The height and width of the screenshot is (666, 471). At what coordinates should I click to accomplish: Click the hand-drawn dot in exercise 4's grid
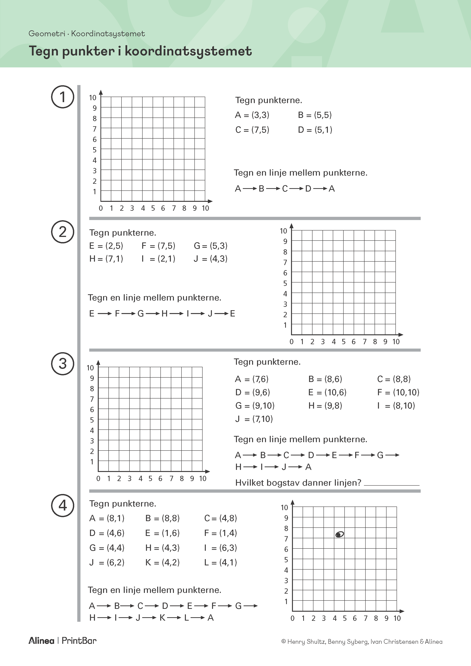coord(339,534)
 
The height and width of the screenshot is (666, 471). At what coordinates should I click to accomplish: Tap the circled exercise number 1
coord(63,97)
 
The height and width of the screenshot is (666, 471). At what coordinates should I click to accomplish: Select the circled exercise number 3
coord(63,364)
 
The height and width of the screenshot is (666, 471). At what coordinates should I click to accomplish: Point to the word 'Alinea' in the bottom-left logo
coord(41,641)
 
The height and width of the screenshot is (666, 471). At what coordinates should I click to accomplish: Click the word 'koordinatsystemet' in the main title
coord(188,51)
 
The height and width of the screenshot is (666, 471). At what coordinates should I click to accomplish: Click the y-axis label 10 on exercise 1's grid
coord(92,98)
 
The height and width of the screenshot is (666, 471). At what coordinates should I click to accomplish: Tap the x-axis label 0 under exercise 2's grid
coord(291,342)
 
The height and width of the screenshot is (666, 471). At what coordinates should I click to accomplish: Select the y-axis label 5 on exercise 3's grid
coord(92,420)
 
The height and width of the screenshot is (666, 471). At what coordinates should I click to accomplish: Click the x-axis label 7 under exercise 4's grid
coord(365,618)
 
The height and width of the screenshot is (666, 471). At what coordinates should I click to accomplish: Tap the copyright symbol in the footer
coord(284,642)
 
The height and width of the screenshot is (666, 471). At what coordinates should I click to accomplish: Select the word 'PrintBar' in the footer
coord(79,641)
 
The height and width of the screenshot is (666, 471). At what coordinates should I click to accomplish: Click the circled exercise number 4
coord(63,506)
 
